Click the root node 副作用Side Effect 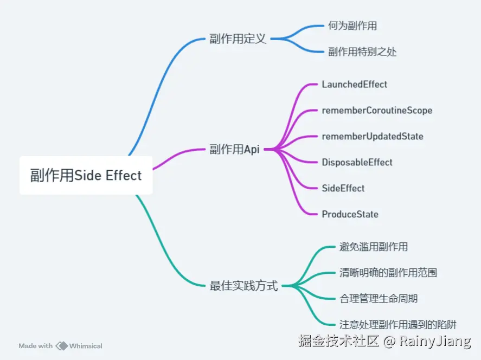(x=86, y=175)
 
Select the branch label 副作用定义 (x=238, y=39)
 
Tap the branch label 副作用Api (x=234, y=150)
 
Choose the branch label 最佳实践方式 (x=243, y=286)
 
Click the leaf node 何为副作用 (x=352, y=25)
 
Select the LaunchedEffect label (x=354, y=84)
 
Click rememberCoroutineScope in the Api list (x=377, y=110)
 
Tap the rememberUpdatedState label (x=373, y=136)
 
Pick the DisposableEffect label (x=357, y=162)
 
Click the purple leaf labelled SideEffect (x=343, y=188)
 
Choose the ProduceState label (x=350, y=214)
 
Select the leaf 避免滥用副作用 (x=374, y=247)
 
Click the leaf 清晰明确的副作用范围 (x=388, y=273)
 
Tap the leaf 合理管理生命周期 (x=379, y=299)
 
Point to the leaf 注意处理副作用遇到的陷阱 (x=398, y=325)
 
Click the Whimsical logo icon (x=61, y=346)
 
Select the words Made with (x=35, y=346)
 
